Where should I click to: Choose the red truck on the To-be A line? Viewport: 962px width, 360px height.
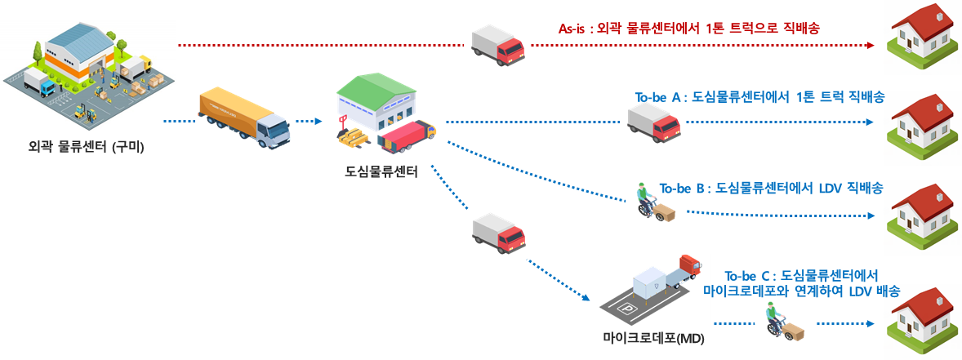tap(653, 120)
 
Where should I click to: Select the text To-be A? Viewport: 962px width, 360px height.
tap(658, 97)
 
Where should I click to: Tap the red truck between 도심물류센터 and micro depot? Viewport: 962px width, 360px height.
tap(498, 233)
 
